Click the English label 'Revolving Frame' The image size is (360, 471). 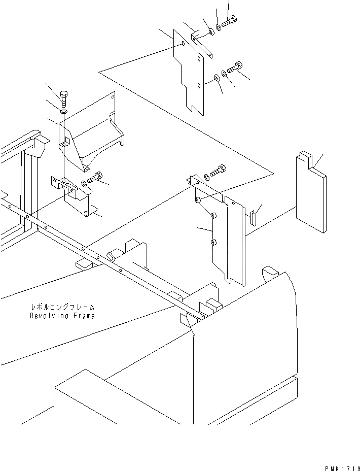(62, 316)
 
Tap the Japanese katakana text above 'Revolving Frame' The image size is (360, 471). (62, 308)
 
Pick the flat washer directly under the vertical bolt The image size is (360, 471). (64, 111)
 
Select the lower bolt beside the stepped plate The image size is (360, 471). (237, 66)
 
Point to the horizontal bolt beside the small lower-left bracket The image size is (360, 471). (96, 178)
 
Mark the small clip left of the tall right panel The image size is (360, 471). (253, 217)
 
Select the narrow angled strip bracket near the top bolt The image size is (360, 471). (202, 44)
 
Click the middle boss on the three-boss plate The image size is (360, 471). (213, 217)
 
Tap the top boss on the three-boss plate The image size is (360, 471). (199, 201)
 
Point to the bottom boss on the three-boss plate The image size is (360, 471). (214, 243)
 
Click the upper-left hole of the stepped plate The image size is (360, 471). (182, 44)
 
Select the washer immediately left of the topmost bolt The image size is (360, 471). (219, 27)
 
